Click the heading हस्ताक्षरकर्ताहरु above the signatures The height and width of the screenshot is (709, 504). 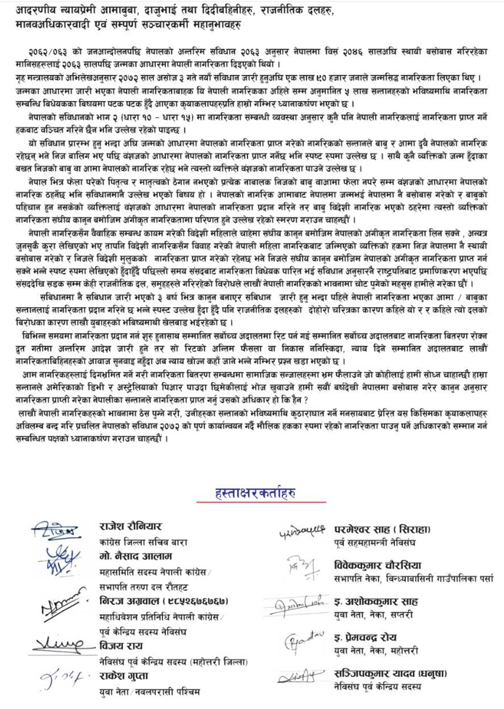[251, 493]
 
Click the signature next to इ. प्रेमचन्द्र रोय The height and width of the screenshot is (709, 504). [300, 641]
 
